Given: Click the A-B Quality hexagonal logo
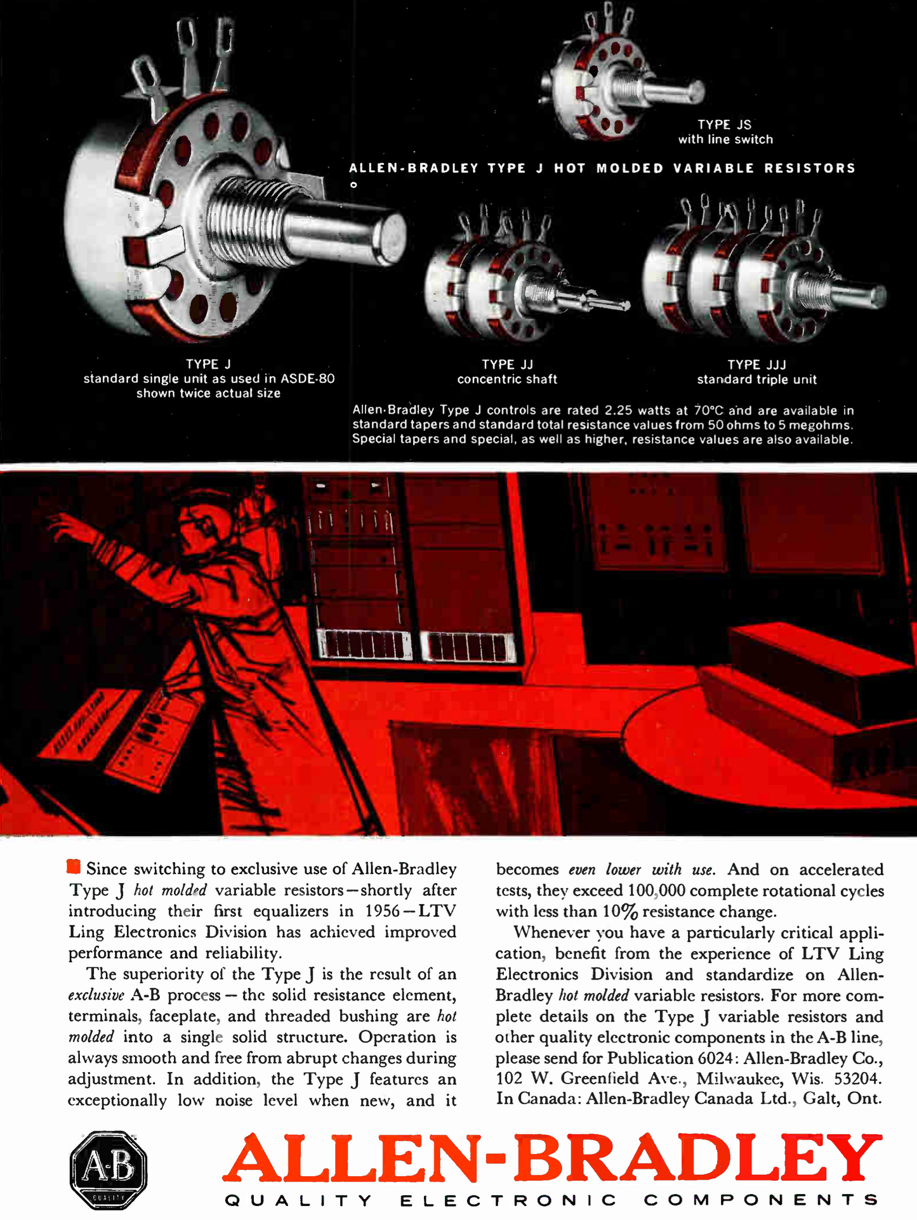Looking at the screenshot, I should (109, 1169).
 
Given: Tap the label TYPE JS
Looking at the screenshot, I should (724, 124).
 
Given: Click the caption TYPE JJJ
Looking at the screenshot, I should (756, 364).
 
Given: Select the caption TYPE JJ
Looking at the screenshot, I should (507, 364).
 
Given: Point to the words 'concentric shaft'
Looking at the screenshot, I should (507, 379).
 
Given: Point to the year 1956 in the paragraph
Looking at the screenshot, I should (382, 911).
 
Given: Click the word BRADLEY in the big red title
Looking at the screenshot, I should (698, 1158).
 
